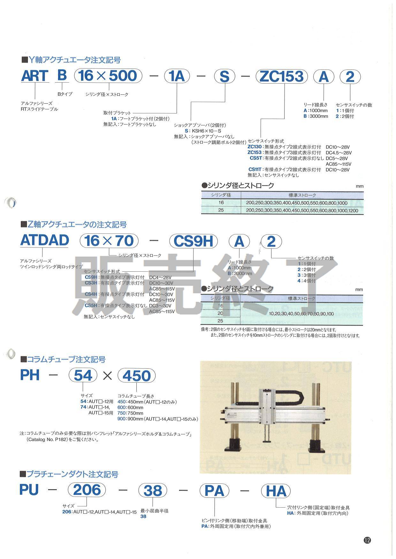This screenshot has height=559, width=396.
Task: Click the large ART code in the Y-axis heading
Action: coord(34,76)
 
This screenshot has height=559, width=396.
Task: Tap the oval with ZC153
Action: coord(281,77)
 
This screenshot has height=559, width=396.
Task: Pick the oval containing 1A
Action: coord(177,77)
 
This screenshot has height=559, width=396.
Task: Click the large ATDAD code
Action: coord(44,240)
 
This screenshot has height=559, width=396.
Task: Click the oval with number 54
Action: coord(83,375)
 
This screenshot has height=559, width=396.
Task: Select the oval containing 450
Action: coord(136,376)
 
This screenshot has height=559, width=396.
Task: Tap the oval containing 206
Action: coord(87,490)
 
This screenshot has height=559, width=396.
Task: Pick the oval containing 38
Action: coord(153,491)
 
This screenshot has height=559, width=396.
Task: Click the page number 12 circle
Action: coord(367,540)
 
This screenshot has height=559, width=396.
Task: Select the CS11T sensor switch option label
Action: coord(255,170)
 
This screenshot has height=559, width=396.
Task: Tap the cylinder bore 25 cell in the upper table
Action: coord(221,210)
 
